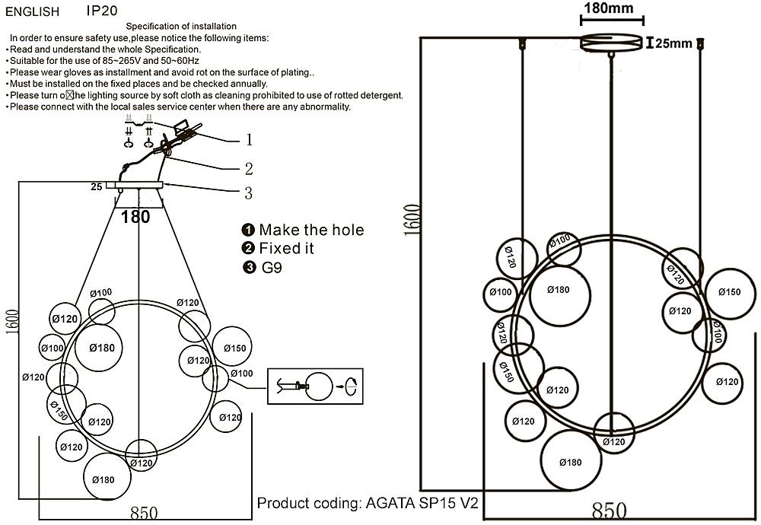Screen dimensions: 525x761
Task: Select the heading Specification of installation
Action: point(181,27)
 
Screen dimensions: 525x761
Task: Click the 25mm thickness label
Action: point(673,43)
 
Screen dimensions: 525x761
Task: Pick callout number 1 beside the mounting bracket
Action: point(248,140)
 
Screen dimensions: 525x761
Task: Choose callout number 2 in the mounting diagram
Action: point(248,169)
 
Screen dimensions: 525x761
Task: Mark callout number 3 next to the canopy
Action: point(248,193)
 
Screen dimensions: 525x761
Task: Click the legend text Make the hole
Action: point(311,230)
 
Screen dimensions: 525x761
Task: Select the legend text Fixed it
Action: point(286,249)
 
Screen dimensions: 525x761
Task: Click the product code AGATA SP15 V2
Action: point(422,503)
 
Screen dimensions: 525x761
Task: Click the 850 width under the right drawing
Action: point(609,511)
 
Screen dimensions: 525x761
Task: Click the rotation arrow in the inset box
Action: point(351,386)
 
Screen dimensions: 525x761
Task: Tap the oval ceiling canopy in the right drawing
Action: point(611,43)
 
